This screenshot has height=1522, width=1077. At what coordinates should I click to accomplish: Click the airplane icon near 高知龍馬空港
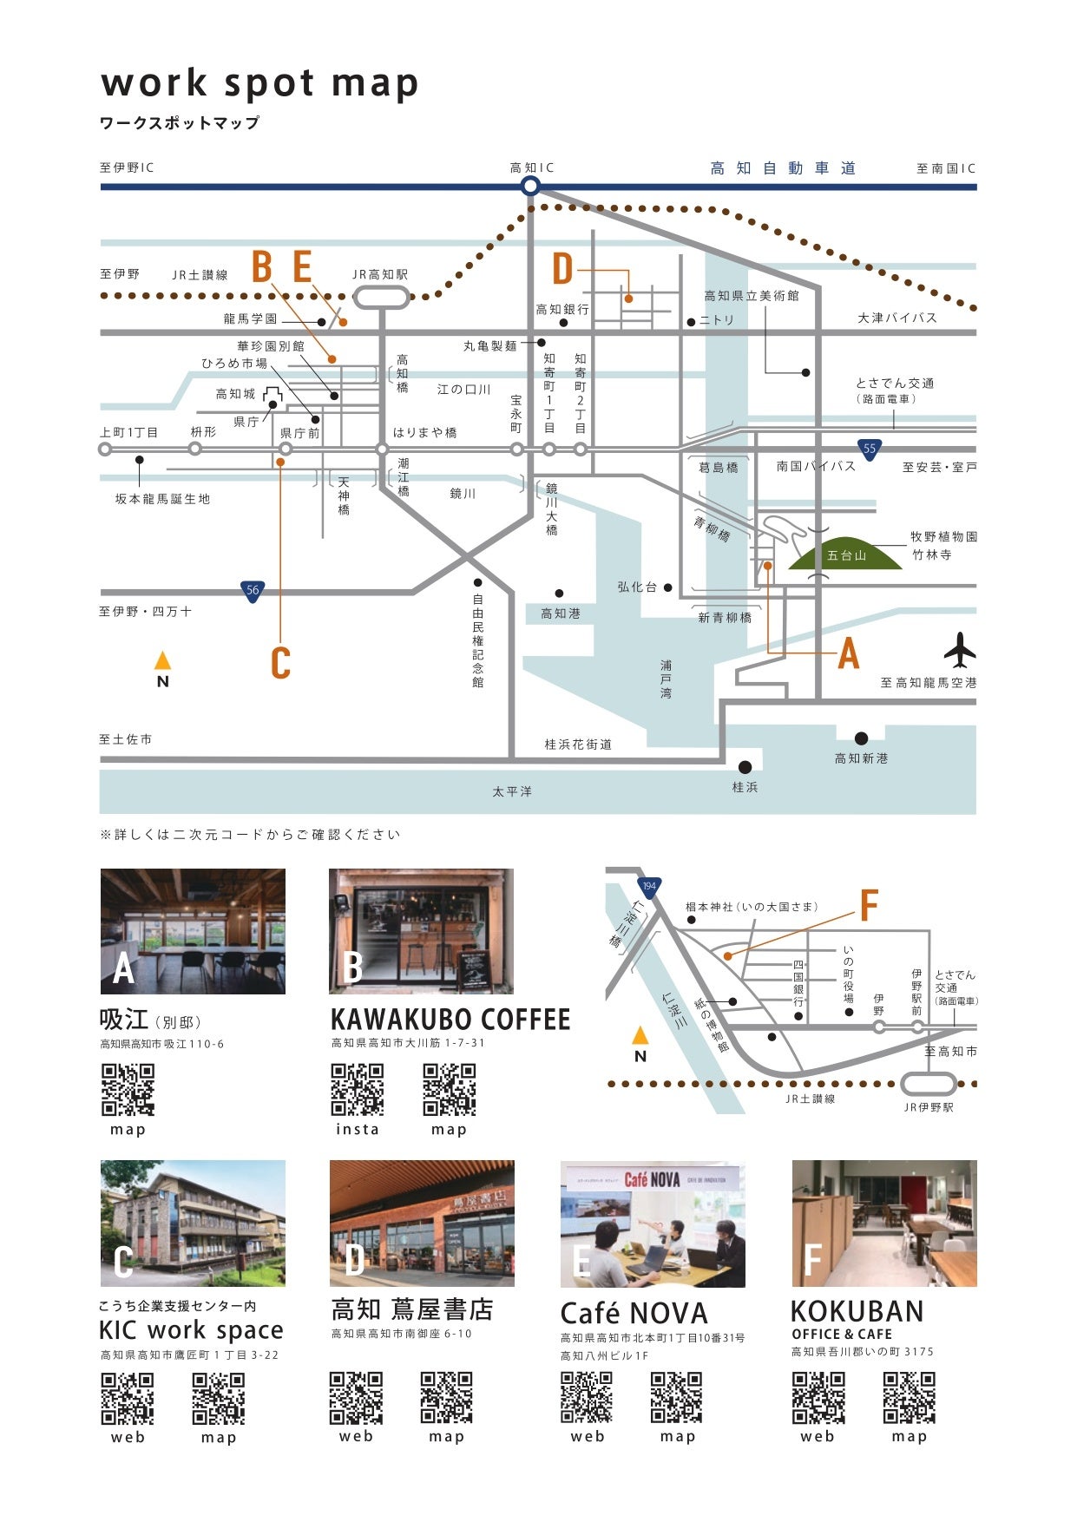coord(960,650)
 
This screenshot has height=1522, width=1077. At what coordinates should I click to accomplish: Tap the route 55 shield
coord(870,449)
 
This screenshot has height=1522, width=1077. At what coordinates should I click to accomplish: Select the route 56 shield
coord(252,591)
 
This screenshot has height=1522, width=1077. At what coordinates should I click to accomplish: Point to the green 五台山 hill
coord(845,554)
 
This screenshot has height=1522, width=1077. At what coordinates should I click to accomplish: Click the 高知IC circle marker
coord(530,186)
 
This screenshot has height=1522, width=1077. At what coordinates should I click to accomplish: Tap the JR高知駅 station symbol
coord(381,298)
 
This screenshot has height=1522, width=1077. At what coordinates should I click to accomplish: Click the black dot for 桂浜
coord(745,767)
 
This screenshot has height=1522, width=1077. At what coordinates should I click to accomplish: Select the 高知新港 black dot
coord(861,738)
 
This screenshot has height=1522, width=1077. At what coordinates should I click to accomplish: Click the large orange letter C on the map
coord(280,663)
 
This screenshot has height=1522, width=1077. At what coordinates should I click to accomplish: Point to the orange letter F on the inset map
coord(869,905)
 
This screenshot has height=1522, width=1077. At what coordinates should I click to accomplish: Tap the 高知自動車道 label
coord(783,168)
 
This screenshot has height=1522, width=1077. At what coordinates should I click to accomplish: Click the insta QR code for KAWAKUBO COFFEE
coord(358,1089)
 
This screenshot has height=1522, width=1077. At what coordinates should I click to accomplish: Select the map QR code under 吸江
coord(128,1089)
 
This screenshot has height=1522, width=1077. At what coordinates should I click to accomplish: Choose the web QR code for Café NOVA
coord(587,1397)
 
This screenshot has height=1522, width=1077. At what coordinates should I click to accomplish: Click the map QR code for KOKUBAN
coord(909,1397)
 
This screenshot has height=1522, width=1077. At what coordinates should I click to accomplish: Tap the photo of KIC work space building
coord(193,1223)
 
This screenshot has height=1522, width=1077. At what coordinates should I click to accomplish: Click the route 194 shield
coord(648,887)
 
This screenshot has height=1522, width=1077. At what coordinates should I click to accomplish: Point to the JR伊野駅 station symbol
coord(928,1084)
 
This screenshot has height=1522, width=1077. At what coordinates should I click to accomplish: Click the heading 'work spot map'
coord(259,83)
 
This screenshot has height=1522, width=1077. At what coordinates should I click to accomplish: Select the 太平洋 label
coord(512,791)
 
